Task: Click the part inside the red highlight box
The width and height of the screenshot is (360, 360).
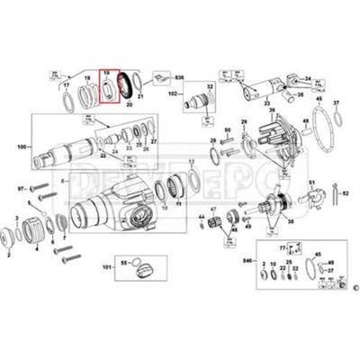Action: point(109,85)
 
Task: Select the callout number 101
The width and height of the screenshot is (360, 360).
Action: point(106,268)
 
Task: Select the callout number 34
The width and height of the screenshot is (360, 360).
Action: point(308,80)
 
